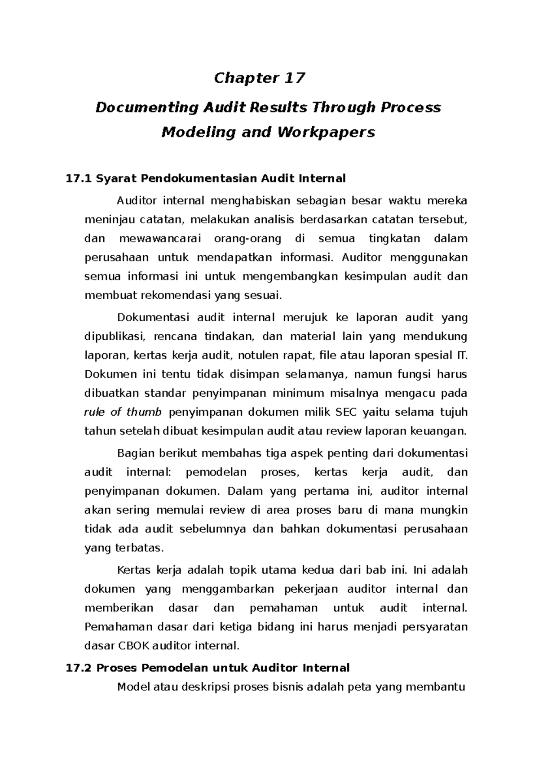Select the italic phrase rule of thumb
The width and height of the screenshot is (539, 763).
pos(123,412)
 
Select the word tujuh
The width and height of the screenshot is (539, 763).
pos(454,412)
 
